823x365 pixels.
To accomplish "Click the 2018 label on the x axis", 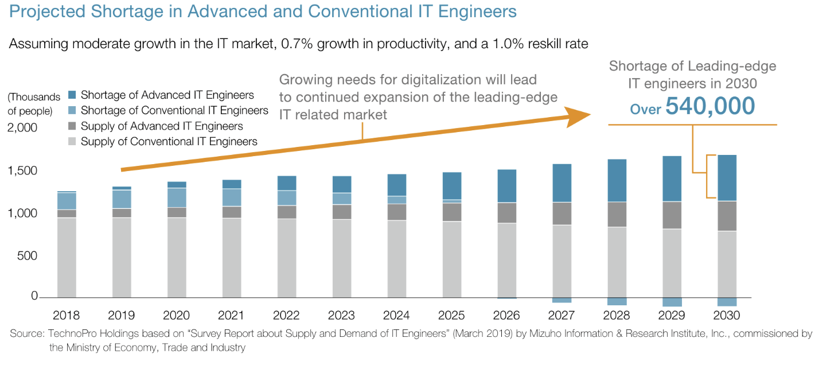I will coord(66,315).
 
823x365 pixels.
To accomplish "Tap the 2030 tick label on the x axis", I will coord(726,315).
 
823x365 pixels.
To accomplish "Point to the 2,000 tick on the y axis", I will coord(22,127).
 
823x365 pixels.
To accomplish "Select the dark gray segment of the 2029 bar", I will coord(671,215).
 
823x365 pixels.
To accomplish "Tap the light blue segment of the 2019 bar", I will coord(122,199).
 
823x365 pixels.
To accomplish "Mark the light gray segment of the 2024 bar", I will coord(396,258).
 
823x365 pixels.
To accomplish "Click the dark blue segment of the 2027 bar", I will coord(561,183).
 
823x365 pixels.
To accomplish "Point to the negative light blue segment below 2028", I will coord(617,301).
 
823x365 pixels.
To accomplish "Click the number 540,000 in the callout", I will coord(710,107).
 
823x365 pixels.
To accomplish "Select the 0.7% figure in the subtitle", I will coord(291,44).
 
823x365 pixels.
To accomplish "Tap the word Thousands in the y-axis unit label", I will coord(34,96).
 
